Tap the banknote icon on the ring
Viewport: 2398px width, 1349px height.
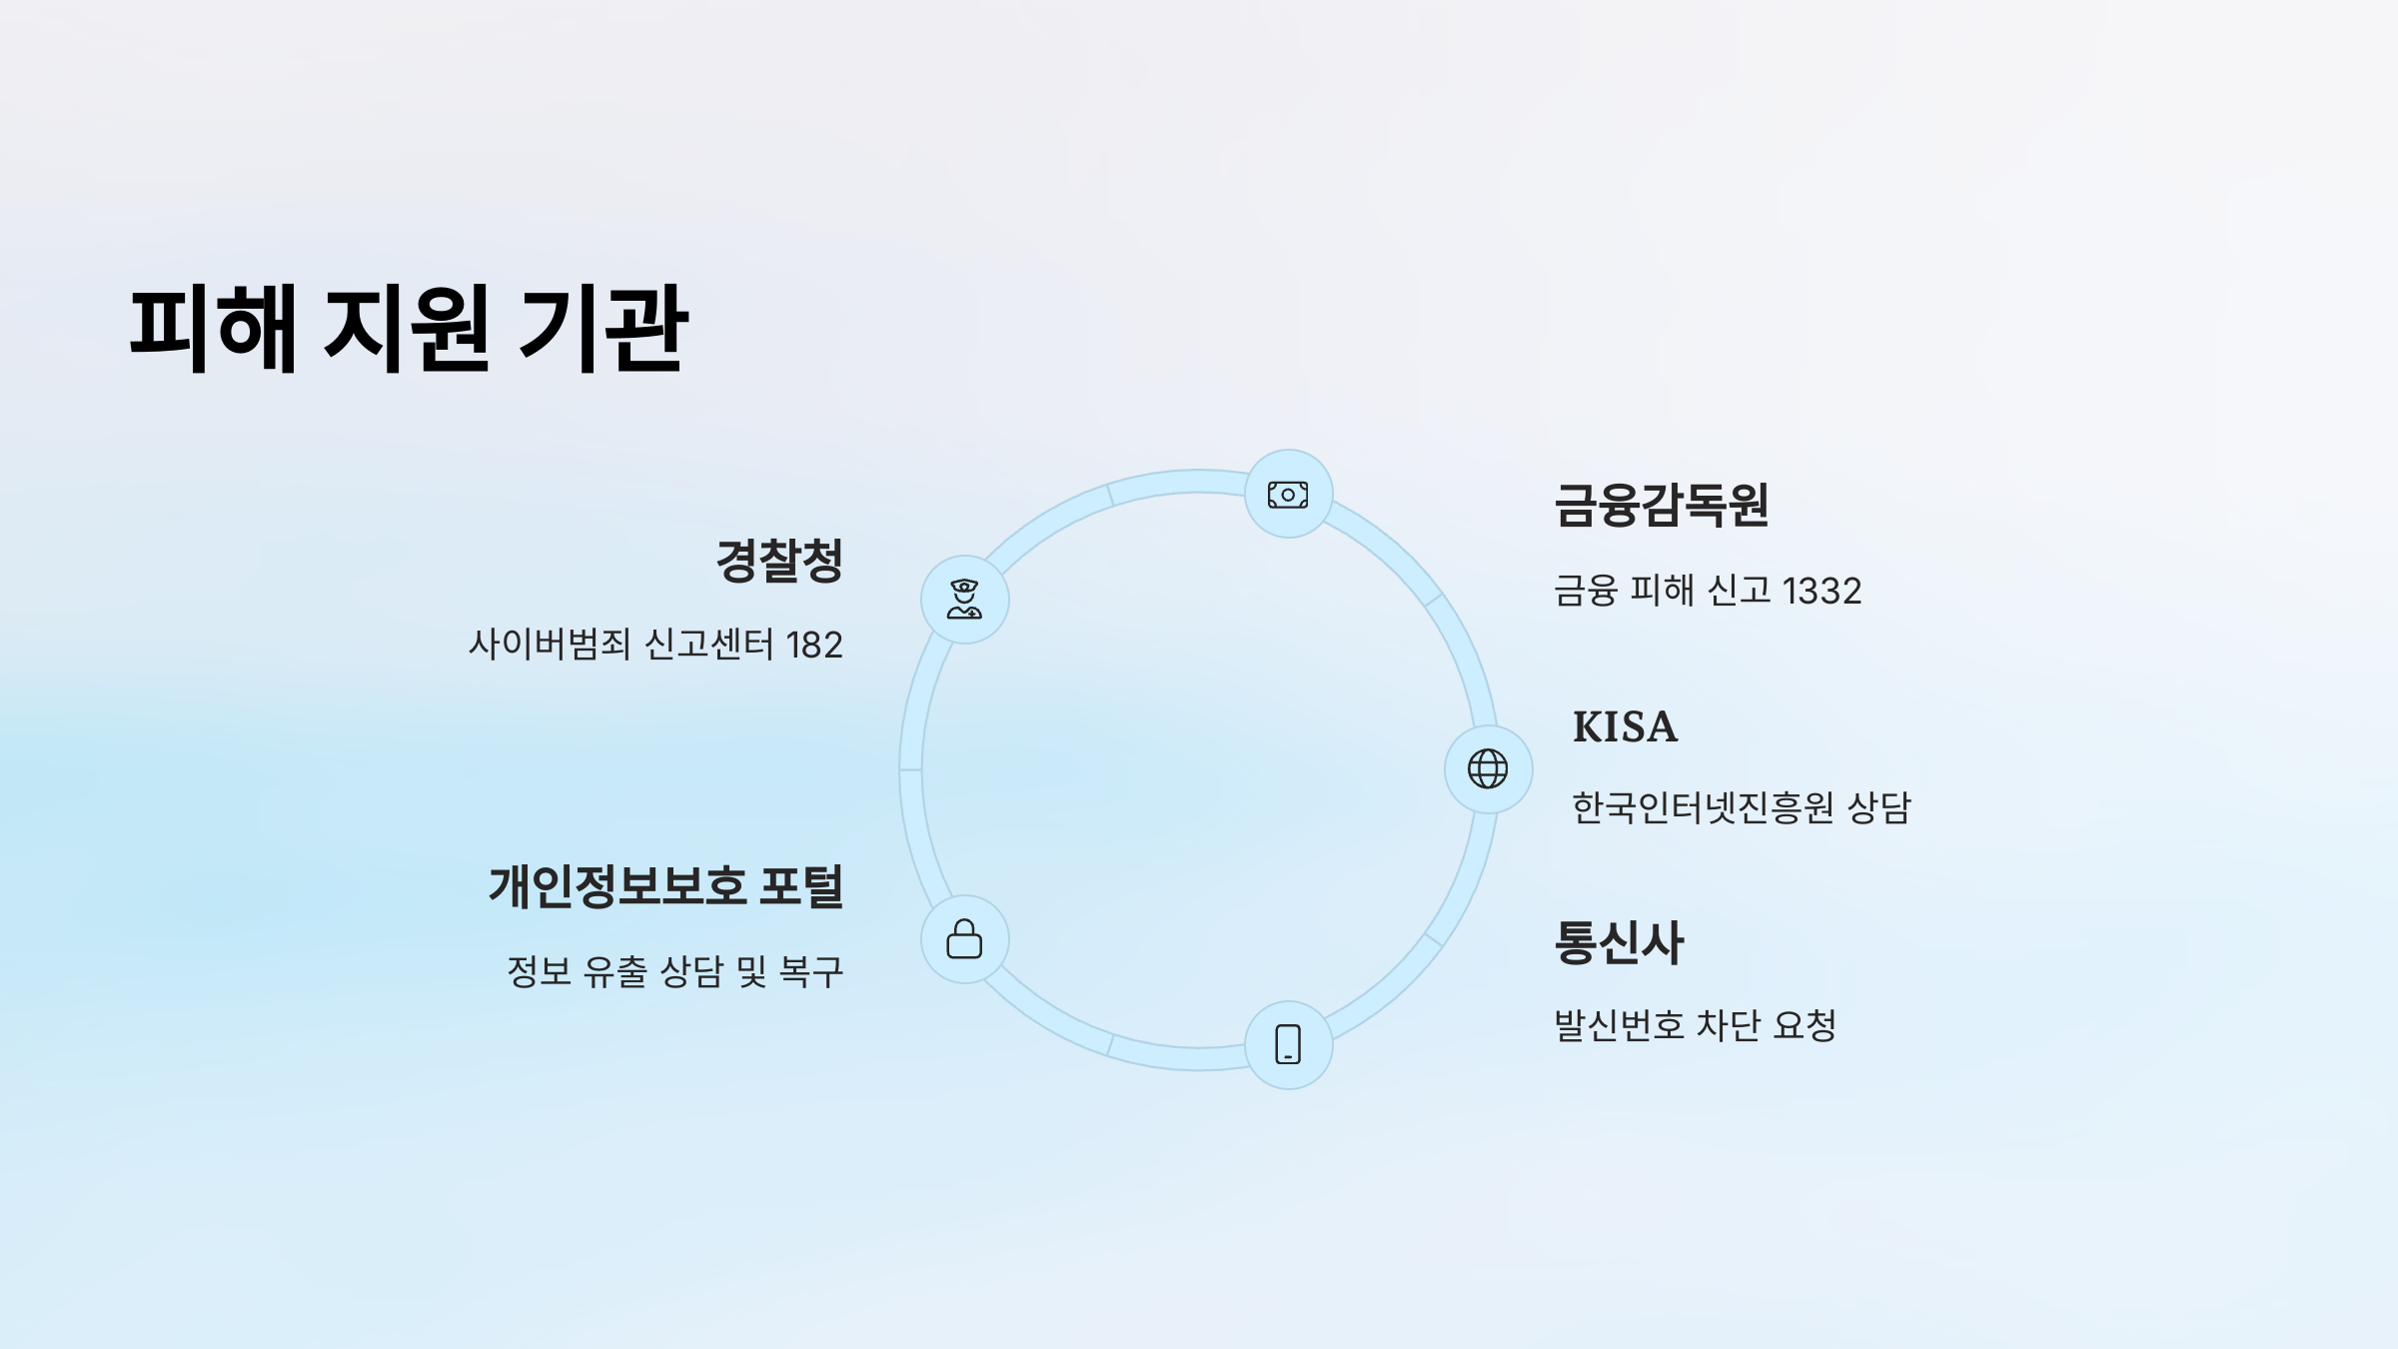(x=1288, y=495)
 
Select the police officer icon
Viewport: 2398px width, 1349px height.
(x=964, y=600)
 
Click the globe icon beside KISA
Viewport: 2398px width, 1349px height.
(x=1488, y=769)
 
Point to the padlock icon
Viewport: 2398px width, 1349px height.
(x=964, y=939)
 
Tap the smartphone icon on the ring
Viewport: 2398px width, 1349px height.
(x=1288, y=1044)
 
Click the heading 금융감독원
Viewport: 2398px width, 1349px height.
(x=1662, y=505)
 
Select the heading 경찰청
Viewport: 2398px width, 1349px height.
(x=779, y=560)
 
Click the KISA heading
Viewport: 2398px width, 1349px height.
(x=1625, y=727)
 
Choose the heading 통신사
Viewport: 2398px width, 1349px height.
(x=1619, y=942)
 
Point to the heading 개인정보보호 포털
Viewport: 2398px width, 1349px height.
(x=665, y=886)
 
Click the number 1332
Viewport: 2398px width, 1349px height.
(x=1821, y=592)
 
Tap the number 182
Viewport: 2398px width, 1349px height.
(x=814, y=646)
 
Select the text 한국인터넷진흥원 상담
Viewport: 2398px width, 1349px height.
(x=1741, y=807)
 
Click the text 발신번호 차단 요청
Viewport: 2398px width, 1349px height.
(x=1695, y=1025)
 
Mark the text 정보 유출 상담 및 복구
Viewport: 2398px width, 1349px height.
(x=675, y=971)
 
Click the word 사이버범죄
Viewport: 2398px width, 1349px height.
(x=550, y=645)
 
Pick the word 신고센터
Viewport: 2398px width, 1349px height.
(x=709, y=645)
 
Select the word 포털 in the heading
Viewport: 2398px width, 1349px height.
(x=801, y=886)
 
